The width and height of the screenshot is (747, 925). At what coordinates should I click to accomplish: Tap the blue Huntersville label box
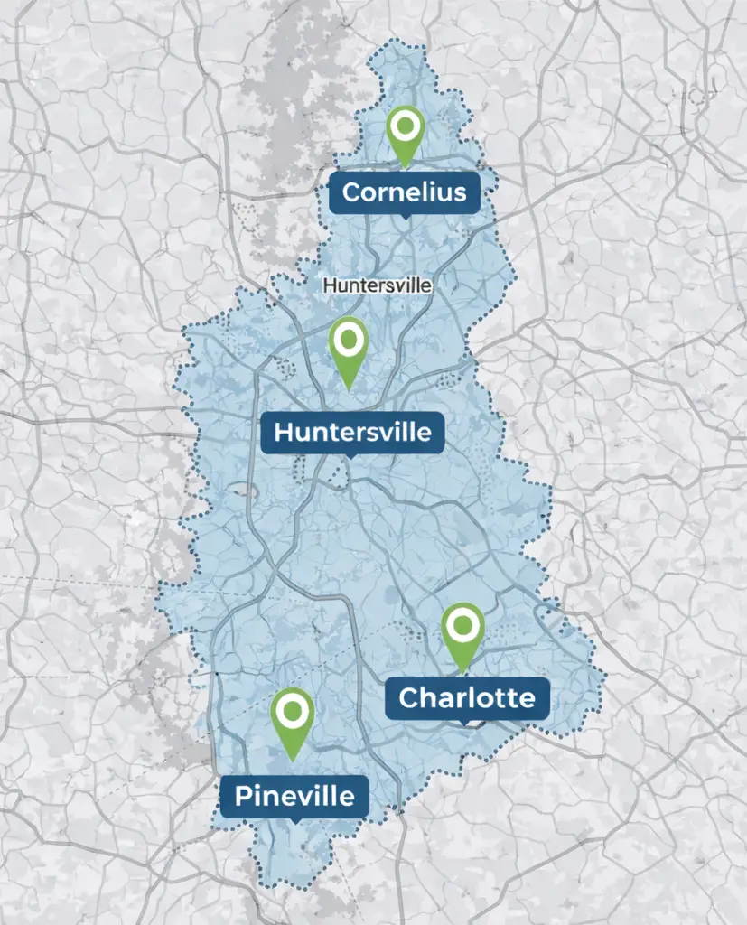[x=352, y=432]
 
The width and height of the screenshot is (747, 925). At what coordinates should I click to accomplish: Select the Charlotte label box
[x=466, y=698]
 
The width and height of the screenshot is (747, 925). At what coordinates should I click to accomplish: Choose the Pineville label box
[x=294, y=796]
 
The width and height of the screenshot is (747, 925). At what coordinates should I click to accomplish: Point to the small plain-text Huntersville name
[x=378, y=285]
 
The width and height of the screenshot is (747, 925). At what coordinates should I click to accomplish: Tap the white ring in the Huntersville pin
[x=349, y=340]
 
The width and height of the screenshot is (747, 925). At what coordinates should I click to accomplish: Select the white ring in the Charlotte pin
[x=463, y=624]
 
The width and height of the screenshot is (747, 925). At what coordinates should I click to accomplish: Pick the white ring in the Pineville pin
[x=292, y=710]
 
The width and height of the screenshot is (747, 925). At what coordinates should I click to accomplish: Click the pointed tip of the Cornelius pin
[x=406, y=167]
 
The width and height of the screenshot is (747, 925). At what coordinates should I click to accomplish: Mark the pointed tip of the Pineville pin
[x=292, y=760]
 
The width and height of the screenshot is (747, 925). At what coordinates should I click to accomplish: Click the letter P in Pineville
[x=243, y=797]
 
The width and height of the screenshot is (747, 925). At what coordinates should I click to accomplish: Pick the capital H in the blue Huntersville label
[x=284, y=432]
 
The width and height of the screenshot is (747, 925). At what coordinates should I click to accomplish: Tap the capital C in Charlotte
[x=409, y=698]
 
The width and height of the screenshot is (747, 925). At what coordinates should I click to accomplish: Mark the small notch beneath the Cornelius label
[x=404, y=216]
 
